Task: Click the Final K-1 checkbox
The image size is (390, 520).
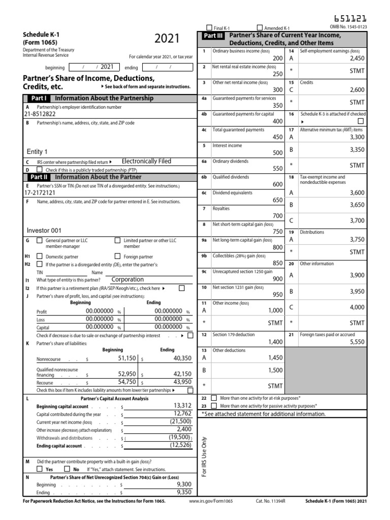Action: [209, 27]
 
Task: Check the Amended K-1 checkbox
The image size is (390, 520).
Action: [260, 27]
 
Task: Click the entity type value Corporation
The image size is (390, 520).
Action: [127, 279]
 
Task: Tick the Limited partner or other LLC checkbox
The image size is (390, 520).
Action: [118, 240]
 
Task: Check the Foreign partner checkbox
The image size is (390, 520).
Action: [118, 256]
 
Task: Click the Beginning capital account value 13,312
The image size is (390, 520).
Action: [182, 405]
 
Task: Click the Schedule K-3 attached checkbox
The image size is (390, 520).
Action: [361, 122]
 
